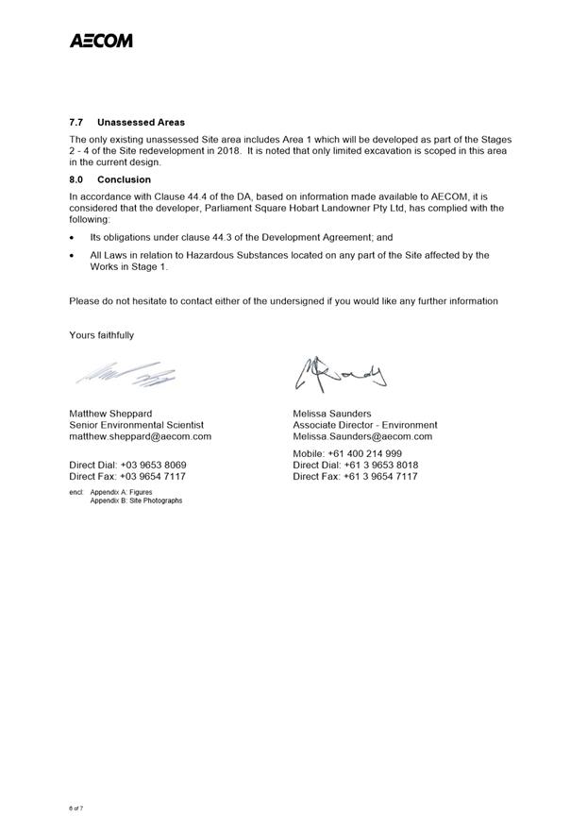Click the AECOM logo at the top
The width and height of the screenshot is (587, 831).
tap(100, 41)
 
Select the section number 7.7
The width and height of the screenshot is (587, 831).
tap(76, 123)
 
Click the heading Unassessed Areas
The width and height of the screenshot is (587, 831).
tap(141, 123)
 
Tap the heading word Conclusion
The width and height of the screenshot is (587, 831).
tap(124, 179)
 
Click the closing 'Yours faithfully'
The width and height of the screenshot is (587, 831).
tap(102, 335)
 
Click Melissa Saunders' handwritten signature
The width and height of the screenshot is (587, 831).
tap(341, 375)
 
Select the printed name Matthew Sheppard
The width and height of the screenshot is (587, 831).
tap(110, 414)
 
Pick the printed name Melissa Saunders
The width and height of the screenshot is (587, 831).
tap(332, 414)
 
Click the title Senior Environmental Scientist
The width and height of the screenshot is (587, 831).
tap(136, 425)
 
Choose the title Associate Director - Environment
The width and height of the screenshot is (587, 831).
tap(365, 425)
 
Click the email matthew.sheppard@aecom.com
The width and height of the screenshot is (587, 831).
tap(140, 436)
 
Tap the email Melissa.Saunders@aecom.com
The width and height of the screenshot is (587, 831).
tap(362, 436)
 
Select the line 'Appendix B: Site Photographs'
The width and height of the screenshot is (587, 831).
tap(136, 500)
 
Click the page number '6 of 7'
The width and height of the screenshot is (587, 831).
tap(76, 809)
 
